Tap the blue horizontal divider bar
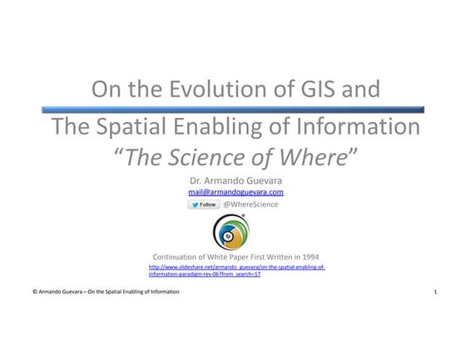point(232,109)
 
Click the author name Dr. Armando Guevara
point(232,180)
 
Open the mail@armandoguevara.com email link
point(235,192)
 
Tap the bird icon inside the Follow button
point(195,205)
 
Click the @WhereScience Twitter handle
point(250,205)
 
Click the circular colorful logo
point(231,232)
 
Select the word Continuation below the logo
point(177,257)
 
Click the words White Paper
point(233,257)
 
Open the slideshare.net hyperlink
point(236,270)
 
